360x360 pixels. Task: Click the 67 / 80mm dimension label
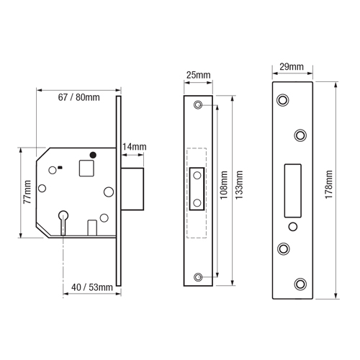pos(78,97)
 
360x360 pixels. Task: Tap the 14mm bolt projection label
pos(135,147)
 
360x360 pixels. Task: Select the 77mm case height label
pos(27,192)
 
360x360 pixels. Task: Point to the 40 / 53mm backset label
pos(92,287)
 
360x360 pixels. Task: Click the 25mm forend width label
pos(198,75)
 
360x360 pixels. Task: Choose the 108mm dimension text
pos(224,185)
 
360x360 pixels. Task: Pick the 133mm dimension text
pos(239,185)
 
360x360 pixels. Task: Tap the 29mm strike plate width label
pos(292,66)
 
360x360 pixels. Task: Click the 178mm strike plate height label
pos(329,184)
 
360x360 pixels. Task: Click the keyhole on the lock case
pos(63,222)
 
